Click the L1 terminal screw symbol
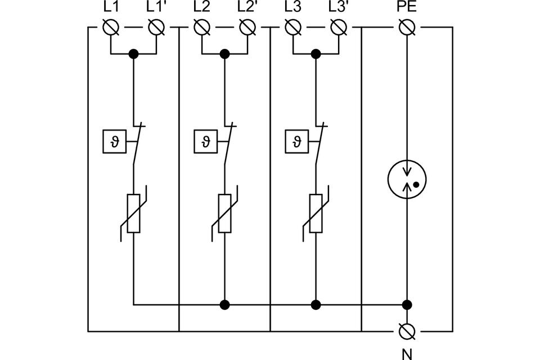pos(111,27)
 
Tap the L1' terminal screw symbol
pos(156,27)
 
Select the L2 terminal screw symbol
pos(202,27)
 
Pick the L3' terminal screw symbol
pos(339,27)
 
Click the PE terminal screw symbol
pos(407,27)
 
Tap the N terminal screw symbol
pos(407,331)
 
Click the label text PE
pos(407,7)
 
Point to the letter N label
pos(407,354)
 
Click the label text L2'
pos(247,7)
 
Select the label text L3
pos(292,7)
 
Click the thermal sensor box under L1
pos(115,141)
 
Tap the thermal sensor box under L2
pos(206,141)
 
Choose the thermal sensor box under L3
pos(296,141)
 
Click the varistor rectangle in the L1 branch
pos(134,214)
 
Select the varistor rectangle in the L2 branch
pos(224,214)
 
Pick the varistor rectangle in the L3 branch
pos(316,214)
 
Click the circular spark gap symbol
pos(407,179)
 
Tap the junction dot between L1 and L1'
pos(134,54)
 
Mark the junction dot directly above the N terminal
pos(407,304)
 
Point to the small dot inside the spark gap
pos(416,184)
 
